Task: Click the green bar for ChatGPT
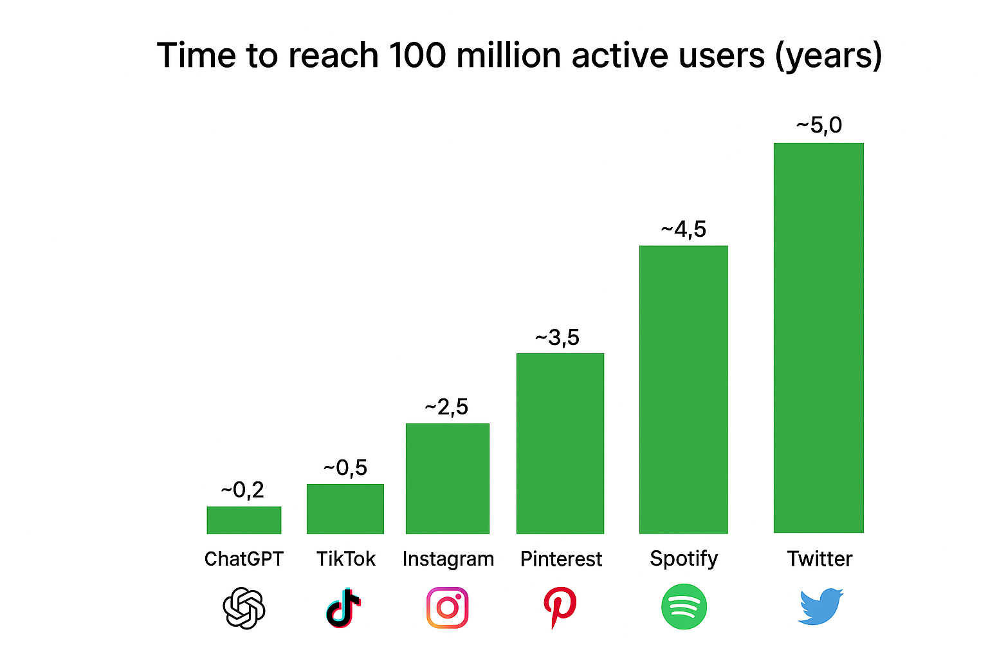pos(244,520)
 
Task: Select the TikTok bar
pos(345,508)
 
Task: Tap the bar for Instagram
pos(448,478)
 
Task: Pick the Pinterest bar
pos(560,443)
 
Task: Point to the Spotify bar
pos(683,389)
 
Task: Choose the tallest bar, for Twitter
pos(818,338)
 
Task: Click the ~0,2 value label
pos(242,490)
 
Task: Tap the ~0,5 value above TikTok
pos(345,468)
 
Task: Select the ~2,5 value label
pos(446,407)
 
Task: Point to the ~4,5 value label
pos(684,230)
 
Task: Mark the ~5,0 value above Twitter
pos(819,125)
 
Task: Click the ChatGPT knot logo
pos(244,608)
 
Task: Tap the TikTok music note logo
pos(343,608)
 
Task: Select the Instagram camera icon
pos(448,608)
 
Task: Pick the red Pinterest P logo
pos(560,607)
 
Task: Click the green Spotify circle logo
pos(684,607)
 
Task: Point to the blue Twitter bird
pos(820,606)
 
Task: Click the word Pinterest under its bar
pos(561,559)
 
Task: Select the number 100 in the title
pos(417,55)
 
